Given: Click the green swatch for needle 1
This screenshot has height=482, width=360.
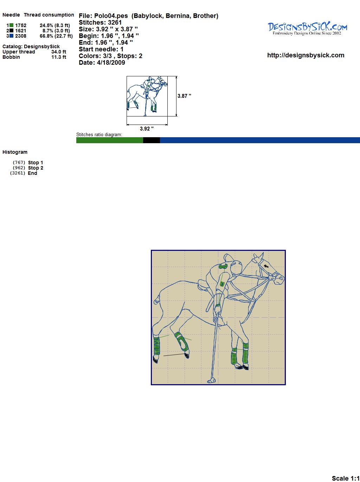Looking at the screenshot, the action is pyautogui.click(x=11, y=25).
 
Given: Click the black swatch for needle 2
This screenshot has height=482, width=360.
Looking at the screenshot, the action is pyautogui.click(x=11, y=31).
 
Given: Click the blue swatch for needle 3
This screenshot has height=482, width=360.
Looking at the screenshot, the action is pyautogui.click(x=11, y=36).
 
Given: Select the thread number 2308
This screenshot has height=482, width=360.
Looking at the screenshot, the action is pyautogui.click(x=21, y=36).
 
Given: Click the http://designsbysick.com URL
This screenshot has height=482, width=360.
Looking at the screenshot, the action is pyautogui.click(x=306, y=55).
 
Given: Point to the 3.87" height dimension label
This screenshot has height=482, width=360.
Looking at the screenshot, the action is pyautogui.click(x=184, y=96).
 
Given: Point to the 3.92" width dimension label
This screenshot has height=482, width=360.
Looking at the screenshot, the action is pyautogui.click(x=147, y=128).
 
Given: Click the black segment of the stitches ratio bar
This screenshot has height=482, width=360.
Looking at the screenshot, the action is pyautogui.click(x=152, y=140).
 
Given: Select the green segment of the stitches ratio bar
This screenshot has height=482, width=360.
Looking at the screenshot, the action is pyautogui.click(x=110, y=140).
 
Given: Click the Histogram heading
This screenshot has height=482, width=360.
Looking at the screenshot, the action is pyautogui.click(x=15, y=152).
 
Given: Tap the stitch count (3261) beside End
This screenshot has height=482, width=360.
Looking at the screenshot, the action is pyautogui.click(x=18, y=173).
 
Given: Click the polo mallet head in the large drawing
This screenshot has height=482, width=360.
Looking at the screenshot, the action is pyautogui.click(x=211, y=381).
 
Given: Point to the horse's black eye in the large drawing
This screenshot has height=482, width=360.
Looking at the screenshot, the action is pyautogui.click(x=266, y=266).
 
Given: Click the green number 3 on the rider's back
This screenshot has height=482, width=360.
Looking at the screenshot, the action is pyautogui.click(x=223, y=267).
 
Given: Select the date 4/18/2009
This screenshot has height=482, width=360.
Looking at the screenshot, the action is pyautogui.click(x=111, y=63).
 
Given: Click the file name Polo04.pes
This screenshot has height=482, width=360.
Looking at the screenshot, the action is pyautogui.click(x=111, y=16).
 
